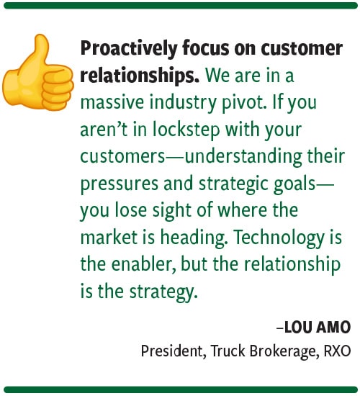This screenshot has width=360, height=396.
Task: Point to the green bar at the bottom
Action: [180, 390]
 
